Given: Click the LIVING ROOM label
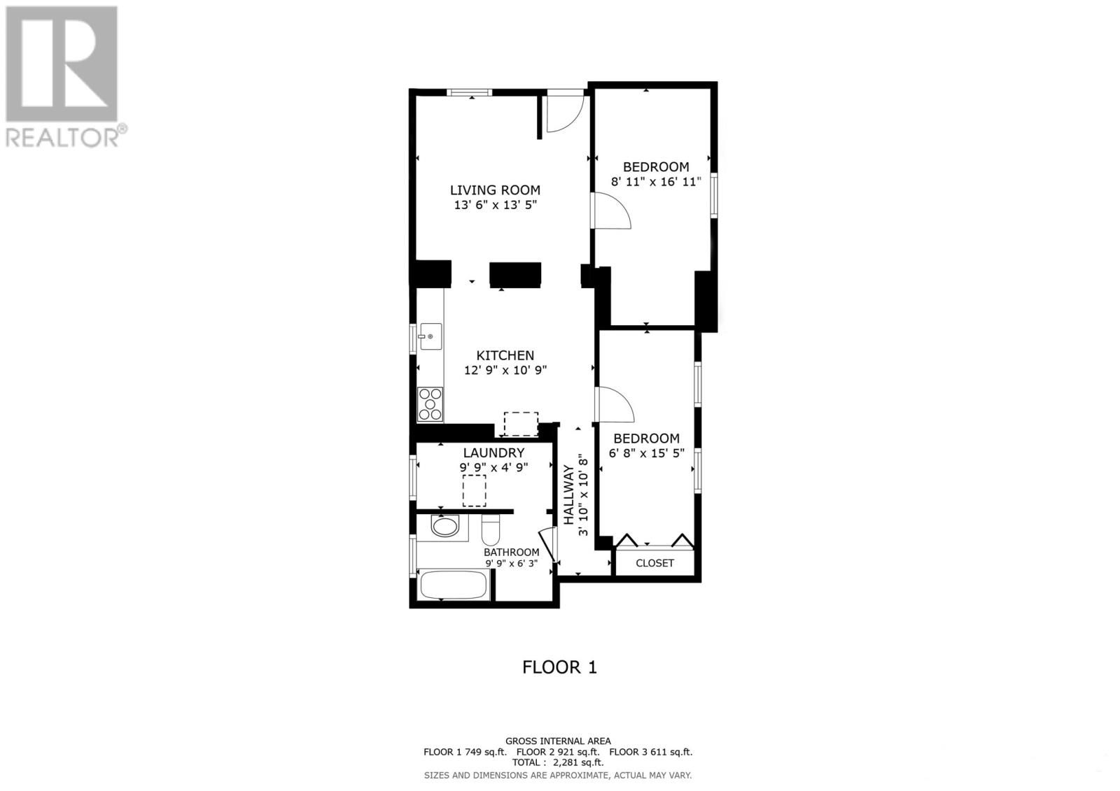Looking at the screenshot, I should [495, 190].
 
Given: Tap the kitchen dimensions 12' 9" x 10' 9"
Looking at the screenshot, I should [505, 371].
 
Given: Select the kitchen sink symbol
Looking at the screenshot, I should [430, 337].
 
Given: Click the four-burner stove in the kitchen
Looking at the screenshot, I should [430, 404].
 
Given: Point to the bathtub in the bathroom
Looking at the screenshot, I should [454, 585].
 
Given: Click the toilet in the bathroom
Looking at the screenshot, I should [491, 532].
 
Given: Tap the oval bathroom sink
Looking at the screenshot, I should [445, 526].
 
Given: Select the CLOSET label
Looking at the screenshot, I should [654, 563].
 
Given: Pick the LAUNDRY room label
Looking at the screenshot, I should [493, 453].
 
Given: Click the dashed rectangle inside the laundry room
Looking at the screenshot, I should [475, 490].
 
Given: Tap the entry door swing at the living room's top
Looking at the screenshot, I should [564, 113].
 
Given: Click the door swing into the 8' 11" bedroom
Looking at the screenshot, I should [612, 211].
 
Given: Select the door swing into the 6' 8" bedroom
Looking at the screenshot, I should [615, 405].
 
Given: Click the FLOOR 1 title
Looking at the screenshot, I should [559, 667].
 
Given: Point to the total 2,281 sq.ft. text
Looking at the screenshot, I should [558, 763].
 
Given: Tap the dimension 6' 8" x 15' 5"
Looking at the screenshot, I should [646, 453].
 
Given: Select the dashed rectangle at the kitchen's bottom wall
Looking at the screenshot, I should [521, 424].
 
